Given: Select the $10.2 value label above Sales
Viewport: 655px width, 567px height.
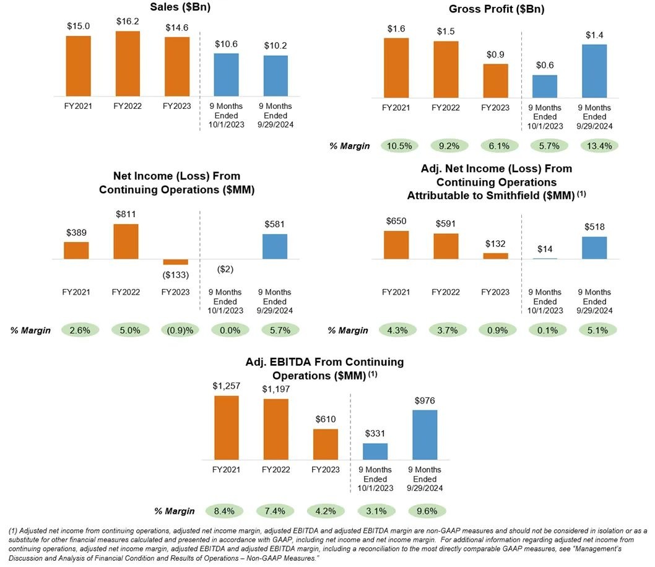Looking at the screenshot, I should [275, 45].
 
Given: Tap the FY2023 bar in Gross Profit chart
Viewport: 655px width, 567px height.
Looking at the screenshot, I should [495, 81].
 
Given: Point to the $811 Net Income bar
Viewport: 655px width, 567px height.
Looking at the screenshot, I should [126, 242].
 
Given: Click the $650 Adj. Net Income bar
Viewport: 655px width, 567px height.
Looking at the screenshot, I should [396, 245].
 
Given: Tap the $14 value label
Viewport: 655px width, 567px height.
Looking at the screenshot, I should [545, 249].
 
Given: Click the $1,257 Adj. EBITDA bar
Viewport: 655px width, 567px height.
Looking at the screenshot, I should [227, 427].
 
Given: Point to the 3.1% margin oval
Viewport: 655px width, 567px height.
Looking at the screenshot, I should [375, 511].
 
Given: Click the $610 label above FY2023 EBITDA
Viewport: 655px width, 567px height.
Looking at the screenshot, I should [326, 420].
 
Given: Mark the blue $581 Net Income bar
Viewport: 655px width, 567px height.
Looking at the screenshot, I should [275, 247].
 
